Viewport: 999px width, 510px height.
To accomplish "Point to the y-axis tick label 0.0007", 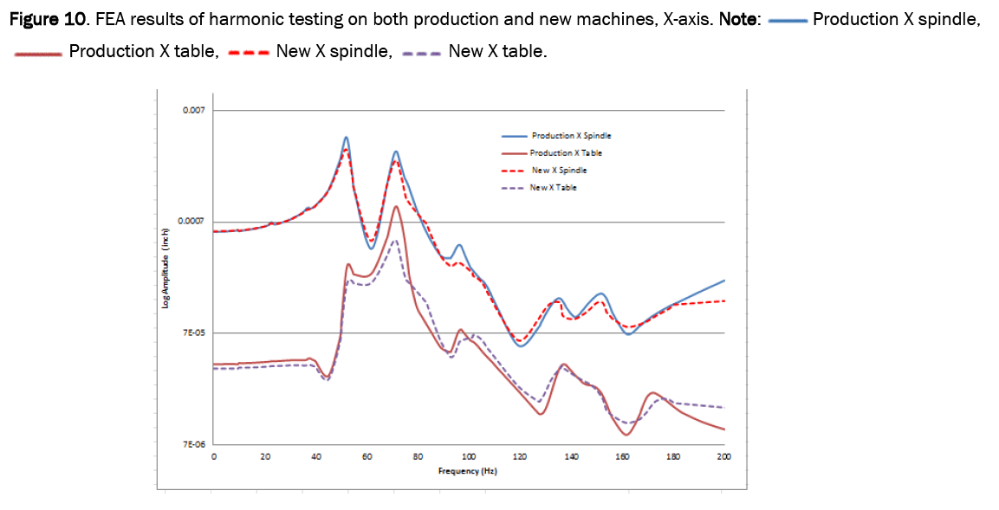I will [x=191, y=222].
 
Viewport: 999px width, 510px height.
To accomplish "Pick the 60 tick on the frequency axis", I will [x=367, y=457].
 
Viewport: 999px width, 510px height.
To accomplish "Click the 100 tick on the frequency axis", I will [x=469, y=457].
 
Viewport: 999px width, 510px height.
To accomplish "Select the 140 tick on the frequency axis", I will [x=571, y=457].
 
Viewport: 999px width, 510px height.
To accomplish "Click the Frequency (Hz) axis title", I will [x=469, y=471].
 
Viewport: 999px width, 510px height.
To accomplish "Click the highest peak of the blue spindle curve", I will [x=347, y=137].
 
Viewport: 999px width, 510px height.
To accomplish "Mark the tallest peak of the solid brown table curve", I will [x=396, y=206].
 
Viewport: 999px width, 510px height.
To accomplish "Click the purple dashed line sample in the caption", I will [x=423, y=53].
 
